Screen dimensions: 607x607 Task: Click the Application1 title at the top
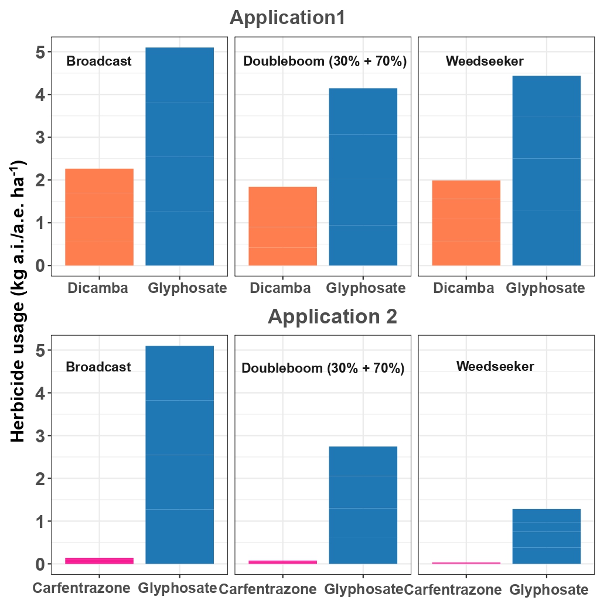pyautogui.click(x=288, y=18)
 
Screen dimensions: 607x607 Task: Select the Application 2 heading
pyautogui.click(x=332, y=316)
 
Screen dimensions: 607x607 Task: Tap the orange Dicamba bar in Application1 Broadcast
pyautogui.click(x=99, y=217)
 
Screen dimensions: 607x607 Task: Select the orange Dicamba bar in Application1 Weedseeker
pyautogui.click(x=466, y=223)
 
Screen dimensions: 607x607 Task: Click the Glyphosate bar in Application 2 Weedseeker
pyautogui.click(x=546, y=536)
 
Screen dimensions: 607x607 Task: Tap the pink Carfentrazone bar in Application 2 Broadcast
pyautogui.click(x=99, y=561)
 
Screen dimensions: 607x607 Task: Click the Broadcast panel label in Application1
pyautogui.click(x=99, y=61)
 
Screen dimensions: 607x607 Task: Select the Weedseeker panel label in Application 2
pyautogui.click(x=495, y=367)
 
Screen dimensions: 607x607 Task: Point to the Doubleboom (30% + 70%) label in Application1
pyautogui.click(x=325, y=61)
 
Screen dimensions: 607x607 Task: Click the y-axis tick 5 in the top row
pyautogui.click(x=39, y=52)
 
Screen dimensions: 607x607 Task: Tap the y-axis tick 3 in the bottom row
pyautogui.click(x=39, y=436)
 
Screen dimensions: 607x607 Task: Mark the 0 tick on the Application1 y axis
pyautogui.click(x=39, y=266)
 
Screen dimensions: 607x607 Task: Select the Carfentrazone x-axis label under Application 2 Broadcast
pyautogui.click(x=81, y=588)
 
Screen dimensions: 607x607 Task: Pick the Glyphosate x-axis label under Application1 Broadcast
pyautogui.click(x=187, y=288)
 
